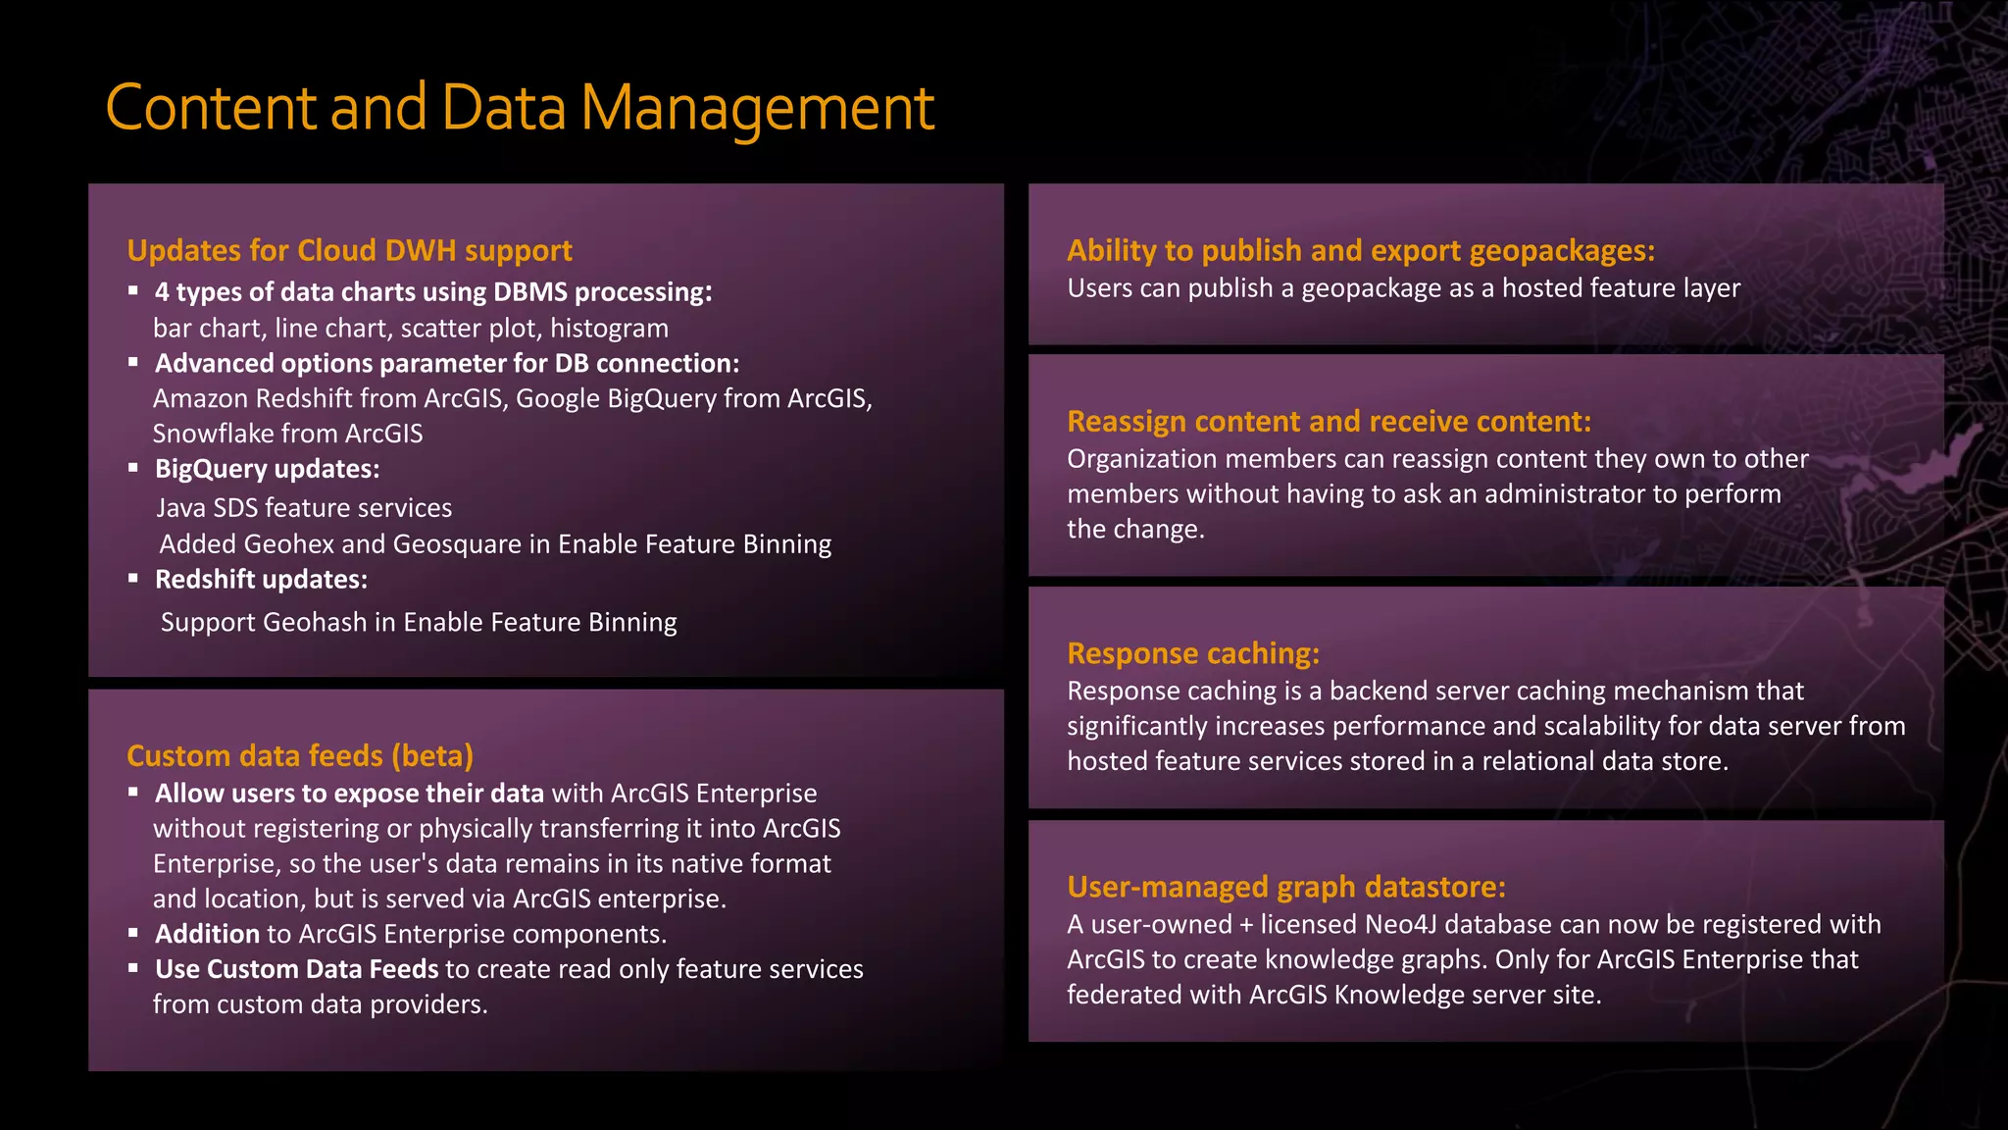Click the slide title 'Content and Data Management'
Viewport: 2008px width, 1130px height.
point(520,108)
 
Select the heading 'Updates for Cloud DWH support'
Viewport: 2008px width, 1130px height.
point(349,251)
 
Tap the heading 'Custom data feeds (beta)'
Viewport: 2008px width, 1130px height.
point(300,756)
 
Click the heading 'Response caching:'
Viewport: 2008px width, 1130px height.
point(1193,654)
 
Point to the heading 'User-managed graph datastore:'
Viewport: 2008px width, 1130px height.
point(1285,888)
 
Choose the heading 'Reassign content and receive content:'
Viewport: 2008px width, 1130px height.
point(1329,422)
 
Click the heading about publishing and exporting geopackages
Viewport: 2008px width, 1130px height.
point(1360,251)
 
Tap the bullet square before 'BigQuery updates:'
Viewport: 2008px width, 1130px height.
point(133,468)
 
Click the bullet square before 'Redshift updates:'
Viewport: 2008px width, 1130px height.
point(133,579)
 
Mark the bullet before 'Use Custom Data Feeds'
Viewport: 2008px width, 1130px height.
point(133,968)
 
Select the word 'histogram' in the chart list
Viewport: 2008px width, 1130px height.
point(609,329)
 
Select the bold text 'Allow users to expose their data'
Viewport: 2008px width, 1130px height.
point(349,794)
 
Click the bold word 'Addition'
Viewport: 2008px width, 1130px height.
point(207,934)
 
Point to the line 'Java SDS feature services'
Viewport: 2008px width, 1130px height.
point(304,508)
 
